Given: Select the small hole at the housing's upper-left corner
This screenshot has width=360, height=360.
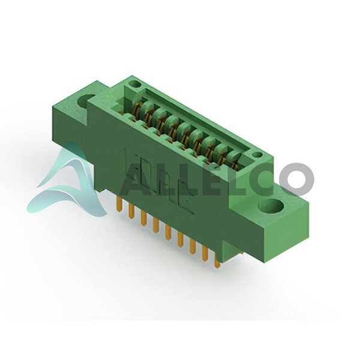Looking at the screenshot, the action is [x=135, y=84].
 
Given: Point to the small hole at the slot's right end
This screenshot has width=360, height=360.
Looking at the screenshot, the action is [x=257, y=155].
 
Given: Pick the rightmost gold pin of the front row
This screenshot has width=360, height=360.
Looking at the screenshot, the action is [x=217, y=261].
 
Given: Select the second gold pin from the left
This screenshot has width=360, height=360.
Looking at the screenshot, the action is [x=131, y=211].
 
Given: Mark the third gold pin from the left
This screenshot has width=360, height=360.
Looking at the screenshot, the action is [x=143, y=218].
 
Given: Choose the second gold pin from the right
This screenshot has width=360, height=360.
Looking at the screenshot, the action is [x=205, y=254].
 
